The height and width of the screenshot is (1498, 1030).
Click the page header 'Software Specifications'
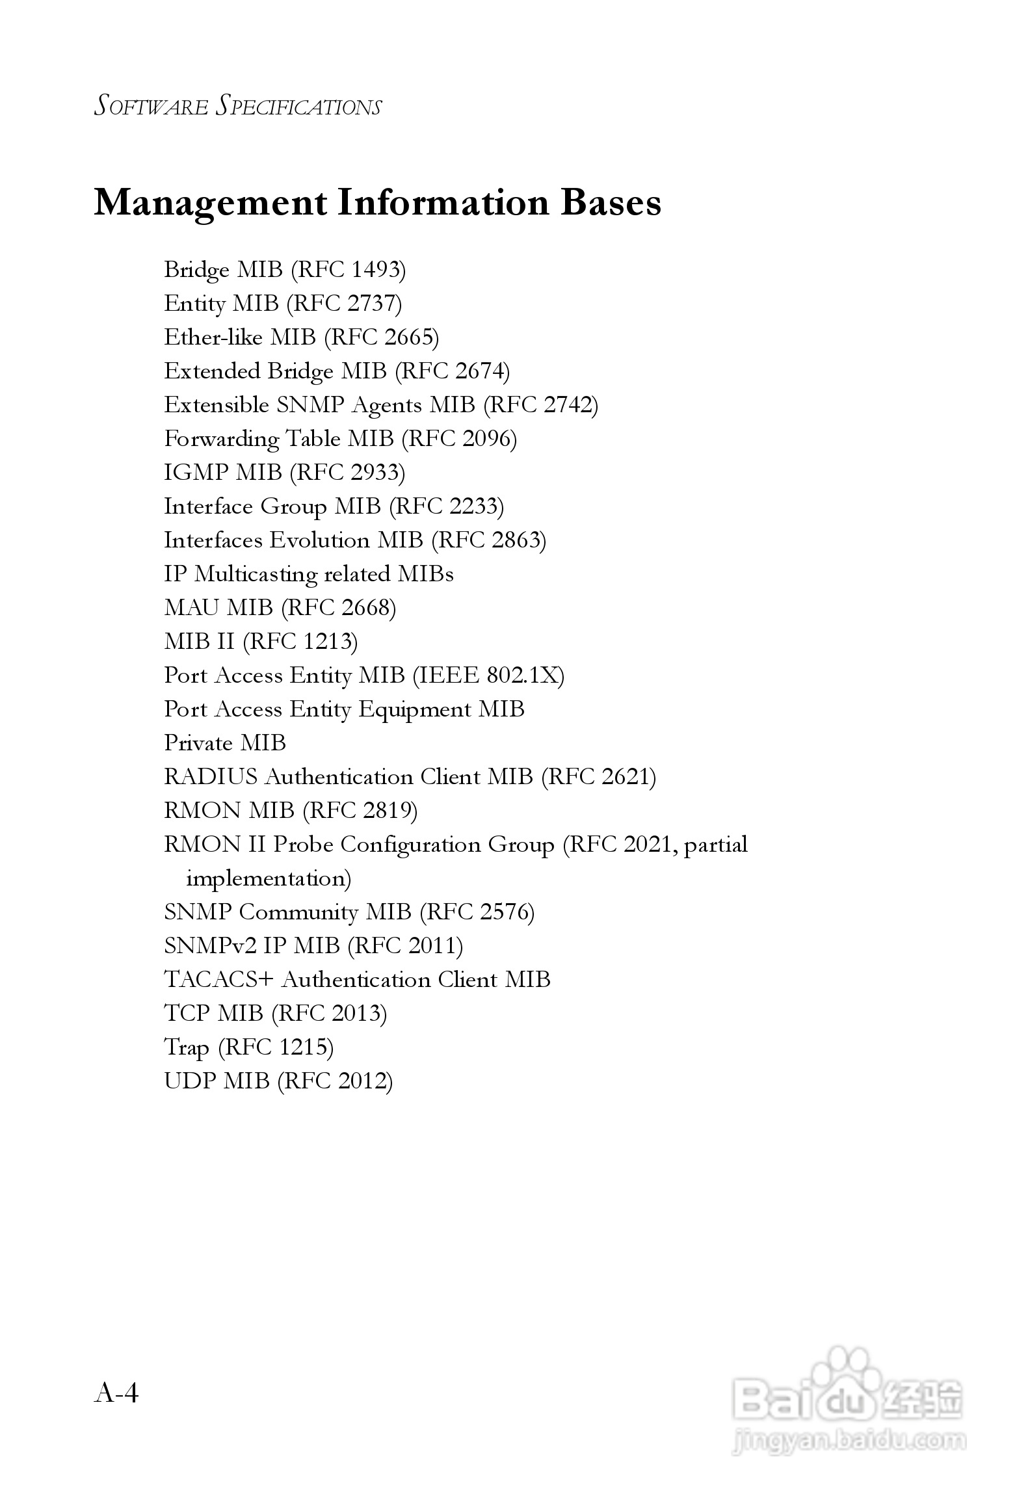click(238, 106)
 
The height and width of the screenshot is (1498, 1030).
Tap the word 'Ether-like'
click(213, 337)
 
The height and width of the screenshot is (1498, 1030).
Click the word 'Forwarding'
click(221, 439)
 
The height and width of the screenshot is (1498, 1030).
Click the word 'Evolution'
click(319, 540)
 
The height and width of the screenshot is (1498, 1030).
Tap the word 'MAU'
click(191, 607)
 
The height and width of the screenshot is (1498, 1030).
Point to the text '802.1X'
click(522, 675)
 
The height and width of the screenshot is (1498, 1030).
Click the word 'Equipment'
click(414, 709)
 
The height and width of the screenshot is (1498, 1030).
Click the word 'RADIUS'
click(211, 776)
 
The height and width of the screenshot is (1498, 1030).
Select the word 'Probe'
click(303, 844)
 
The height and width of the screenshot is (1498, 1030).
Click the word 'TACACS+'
click(218, 979)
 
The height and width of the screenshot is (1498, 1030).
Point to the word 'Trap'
click(186, 1047)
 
